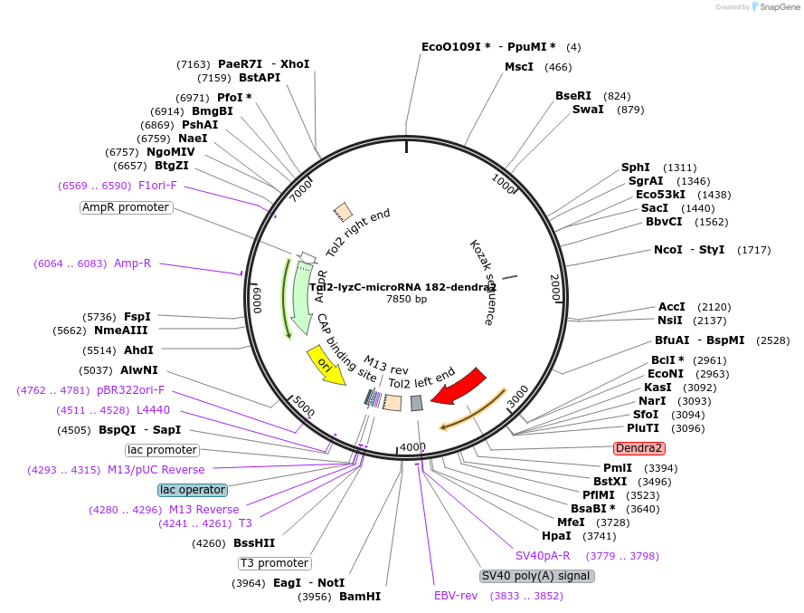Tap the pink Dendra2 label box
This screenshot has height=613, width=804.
[x=639, y=448]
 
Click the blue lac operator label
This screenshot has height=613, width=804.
[x=192, y=490]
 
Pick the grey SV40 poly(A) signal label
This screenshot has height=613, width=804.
[x=536, y=576]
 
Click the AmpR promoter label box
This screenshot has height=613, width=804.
[x=126, y=207]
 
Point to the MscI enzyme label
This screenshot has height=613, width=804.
[x=519, y=67]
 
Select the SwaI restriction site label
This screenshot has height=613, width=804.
[x=588, y=110]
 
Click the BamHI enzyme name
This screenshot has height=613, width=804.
[x=360, y=597]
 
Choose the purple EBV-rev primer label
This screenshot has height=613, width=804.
[x=456, y=596]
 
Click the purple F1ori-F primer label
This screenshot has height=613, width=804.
[x=157, y=186]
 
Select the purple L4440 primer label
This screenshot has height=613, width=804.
[x=153, y=410]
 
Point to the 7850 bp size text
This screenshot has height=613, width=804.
[x=407, y=299]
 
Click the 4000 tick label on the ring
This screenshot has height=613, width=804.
[x=412, y=447]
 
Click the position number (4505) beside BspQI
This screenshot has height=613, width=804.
[x=74, y=430]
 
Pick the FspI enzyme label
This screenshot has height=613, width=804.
[x=137, y=317]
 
